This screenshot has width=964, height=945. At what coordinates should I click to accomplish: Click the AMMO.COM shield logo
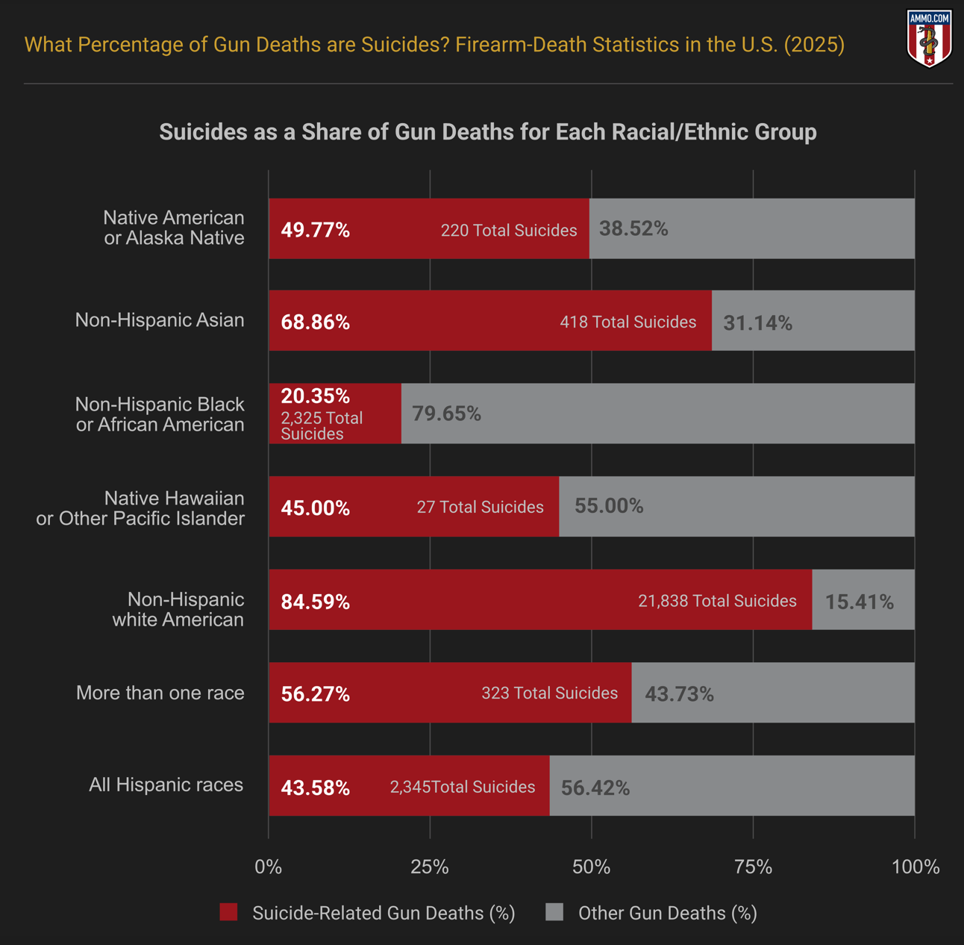point(928,38)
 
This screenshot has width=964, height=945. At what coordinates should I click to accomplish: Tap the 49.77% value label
point(315,230)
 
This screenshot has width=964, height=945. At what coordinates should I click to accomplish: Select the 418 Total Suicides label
point(627,322)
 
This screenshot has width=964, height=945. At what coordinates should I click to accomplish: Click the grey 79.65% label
point(446,414)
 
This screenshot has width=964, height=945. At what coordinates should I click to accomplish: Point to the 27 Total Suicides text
point(480,508)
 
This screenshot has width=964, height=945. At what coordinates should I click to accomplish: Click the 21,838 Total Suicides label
point(716,601)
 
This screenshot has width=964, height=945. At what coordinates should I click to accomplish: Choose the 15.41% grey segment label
point(859,602)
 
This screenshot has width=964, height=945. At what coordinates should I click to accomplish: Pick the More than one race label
point(160,693)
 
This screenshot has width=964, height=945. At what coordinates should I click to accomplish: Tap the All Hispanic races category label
point(166,785)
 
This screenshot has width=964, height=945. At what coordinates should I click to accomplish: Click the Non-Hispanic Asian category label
point(160,320)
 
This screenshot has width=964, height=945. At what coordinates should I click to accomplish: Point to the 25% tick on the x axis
point(430,867)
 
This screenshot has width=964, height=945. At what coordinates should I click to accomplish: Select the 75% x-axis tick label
point(753,867)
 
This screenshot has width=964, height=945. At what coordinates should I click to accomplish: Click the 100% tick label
point(916,867)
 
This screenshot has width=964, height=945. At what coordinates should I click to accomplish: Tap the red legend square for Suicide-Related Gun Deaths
point(228,912)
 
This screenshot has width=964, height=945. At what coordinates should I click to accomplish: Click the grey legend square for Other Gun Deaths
point(554,912)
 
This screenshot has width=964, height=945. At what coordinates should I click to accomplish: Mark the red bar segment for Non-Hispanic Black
point(335,414)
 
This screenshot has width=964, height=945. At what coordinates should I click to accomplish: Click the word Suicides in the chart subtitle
point(203,132)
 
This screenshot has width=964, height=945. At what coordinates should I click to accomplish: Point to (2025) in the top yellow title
point(814,45)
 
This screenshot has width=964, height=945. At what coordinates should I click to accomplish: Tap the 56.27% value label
point(315,694)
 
